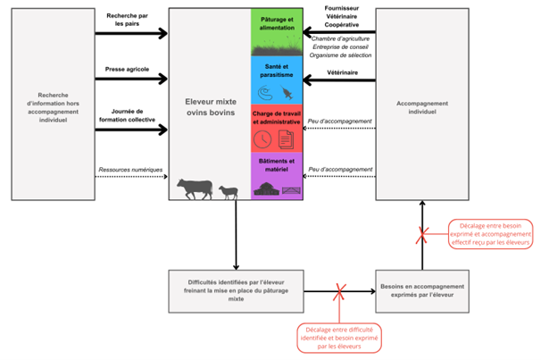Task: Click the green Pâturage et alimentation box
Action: coord(277,33)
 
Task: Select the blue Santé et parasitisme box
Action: coord(277,80)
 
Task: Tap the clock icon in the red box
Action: coord(263,139)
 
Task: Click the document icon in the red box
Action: coord(287,139)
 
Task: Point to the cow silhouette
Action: coord(195,188)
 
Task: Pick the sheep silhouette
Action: coord(229,192)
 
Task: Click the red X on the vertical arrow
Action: coord(423,234)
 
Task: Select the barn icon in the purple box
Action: coord(265,188)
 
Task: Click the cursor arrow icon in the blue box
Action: coord(287,92)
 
